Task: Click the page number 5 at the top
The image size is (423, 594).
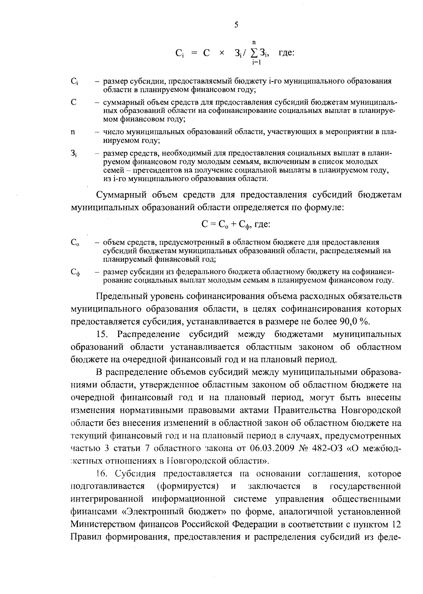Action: (x=236, y=25)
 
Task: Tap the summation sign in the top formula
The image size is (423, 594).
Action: (x=253, y=53)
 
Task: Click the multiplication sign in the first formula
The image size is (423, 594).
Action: (x=222, y=53)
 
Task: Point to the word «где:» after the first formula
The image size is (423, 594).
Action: (x=286, y=53)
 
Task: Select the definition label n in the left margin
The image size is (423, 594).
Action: (x=73, y=132)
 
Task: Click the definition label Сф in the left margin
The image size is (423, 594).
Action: (x=75, y=272)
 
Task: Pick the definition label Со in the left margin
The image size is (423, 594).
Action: (x=75, y=243)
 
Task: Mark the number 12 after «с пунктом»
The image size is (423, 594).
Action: (x=397, y=525)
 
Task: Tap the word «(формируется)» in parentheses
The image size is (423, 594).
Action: (x=188, y=486)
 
